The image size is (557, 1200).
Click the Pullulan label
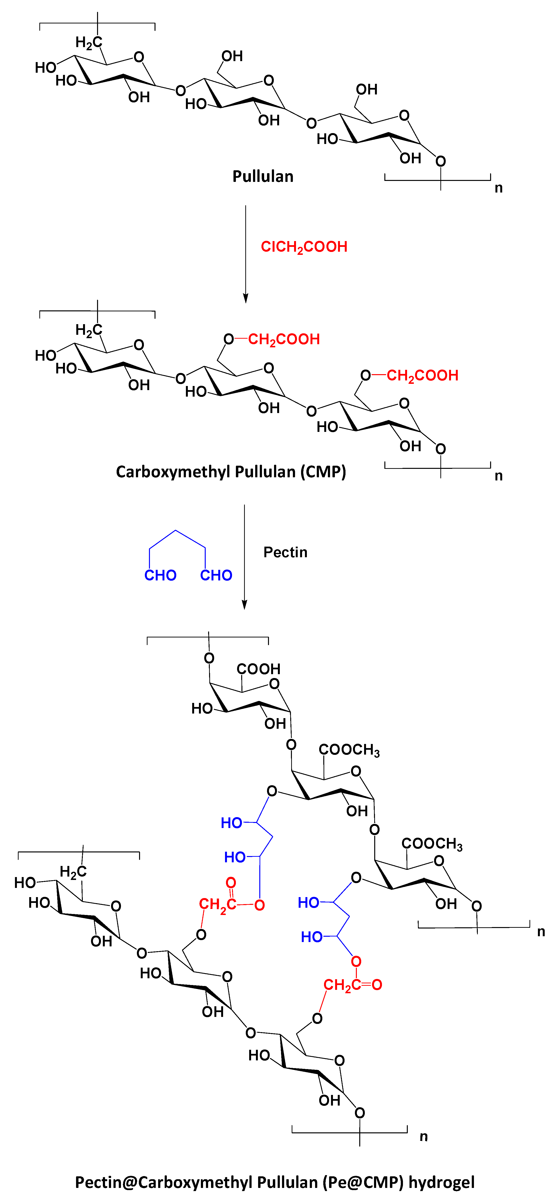(x=263, y=177)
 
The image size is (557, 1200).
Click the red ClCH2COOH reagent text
(x=304, y=247)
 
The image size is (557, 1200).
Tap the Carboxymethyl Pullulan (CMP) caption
(x=231, y=472)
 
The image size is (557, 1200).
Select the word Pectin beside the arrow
(x=285, y=552)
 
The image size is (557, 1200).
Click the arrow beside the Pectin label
(x=244, y=557)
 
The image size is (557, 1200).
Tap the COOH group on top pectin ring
(x=259, y=669)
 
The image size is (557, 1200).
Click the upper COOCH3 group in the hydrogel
(x=349, y=750)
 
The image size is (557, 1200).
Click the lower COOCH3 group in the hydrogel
(x=432, y=844)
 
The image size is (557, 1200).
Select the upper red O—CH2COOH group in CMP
(x=272, y=339)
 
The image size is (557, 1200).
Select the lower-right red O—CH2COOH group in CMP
(x=410, y=375)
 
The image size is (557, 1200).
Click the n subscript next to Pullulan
(x=498, y=188)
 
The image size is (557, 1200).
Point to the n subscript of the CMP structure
(x=498, y=476)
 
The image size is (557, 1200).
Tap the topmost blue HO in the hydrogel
(x=232, y=823)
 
